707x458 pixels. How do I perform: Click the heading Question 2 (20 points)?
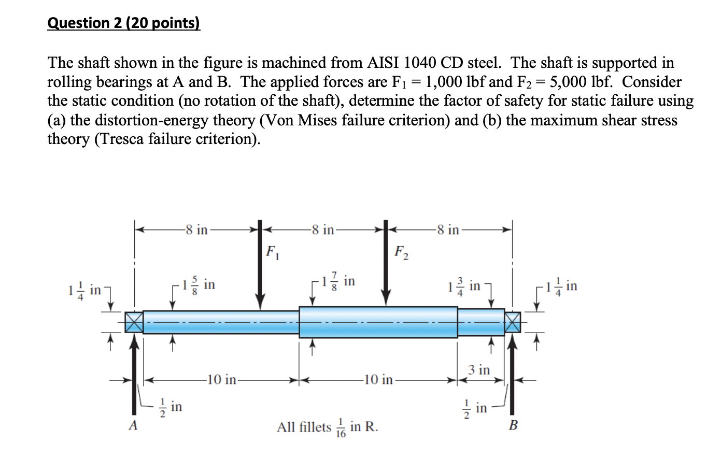[123, 24]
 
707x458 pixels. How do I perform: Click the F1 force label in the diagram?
[271, 252]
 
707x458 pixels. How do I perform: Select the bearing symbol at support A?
[134, 322]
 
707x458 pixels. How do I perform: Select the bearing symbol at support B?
[513, 322]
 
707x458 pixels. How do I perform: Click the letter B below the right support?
[513, 426]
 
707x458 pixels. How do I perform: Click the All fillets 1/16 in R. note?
[328, 427]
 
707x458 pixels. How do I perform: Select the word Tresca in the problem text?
[119, 139]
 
